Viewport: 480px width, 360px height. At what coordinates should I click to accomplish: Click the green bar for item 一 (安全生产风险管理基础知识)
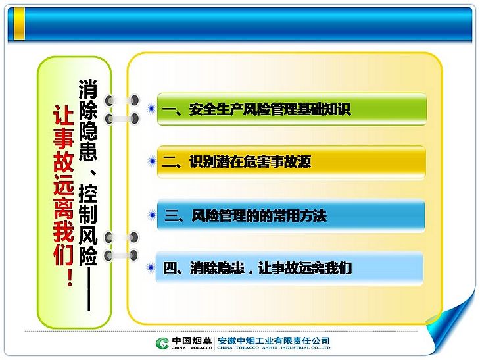point(292,109)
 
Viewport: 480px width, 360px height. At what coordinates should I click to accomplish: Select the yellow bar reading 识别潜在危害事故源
point(291,162)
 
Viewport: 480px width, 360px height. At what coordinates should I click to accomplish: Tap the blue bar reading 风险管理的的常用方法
point(291,215)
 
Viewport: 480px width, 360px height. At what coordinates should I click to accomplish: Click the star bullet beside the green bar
point(151,109)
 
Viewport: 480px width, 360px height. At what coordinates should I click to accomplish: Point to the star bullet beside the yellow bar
point(151,161)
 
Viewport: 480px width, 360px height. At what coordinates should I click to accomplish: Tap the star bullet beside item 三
point(151,215)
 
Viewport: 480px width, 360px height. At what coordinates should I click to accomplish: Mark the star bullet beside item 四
point(151,267)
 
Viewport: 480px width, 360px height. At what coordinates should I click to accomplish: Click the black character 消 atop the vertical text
point(88,89)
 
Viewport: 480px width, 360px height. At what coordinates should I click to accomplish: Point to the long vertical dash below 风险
point(89,289)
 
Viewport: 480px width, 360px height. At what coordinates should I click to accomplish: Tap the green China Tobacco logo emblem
point(162,343)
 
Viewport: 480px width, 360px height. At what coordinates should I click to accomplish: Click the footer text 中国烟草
point(191,340)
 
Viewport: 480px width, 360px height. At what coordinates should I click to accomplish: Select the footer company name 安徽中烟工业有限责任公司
point(274,340)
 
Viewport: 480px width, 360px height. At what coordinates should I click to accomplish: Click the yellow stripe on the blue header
point(19,24)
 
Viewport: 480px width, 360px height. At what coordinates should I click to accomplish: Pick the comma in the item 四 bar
point(251,272)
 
